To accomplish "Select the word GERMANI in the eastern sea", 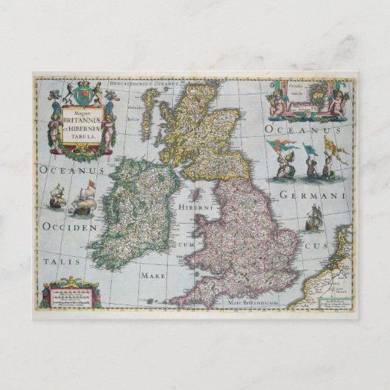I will coord(317,196).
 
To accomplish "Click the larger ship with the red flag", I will coord(82,198).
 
